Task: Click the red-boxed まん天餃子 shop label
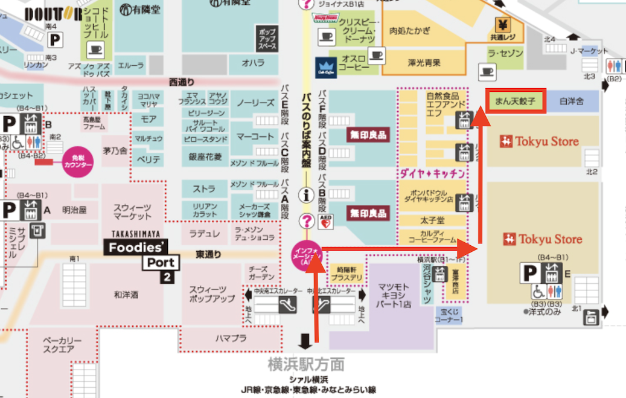tap(516, 100)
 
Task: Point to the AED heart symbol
tap(326, 221)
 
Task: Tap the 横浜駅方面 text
tap(306, 364)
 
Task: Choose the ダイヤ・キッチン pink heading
tap(432, 173)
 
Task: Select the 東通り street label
tap(208, 254)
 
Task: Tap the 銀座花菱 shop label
tap(205, 157)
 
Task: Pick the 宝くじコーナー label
tap(449, 314)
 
